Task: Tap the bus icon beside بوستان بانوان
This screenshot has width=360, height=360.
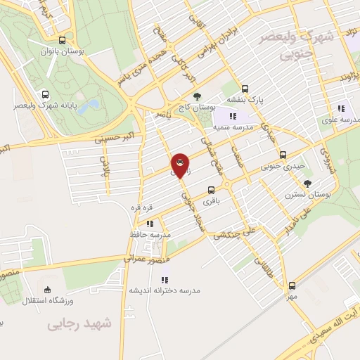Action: [63, 40]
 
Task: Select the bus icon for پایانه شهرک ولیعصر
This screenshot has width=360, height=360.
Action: [46, 94]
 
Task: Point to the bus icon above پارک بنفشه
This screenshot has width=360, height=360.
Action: [245, 89]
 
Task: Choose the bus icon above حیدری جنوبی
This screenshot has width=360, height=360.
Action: [283, 155]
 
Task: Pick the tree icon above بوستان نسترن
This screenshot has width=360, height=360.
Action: [307, 184]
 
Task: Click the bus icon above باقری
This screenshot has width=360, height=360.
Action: [211, 190]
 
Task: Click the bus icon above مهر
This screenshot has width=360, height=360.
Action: [292, 285]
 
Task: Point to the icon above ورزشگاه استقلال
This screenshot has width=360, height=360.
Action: [48, 290]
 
